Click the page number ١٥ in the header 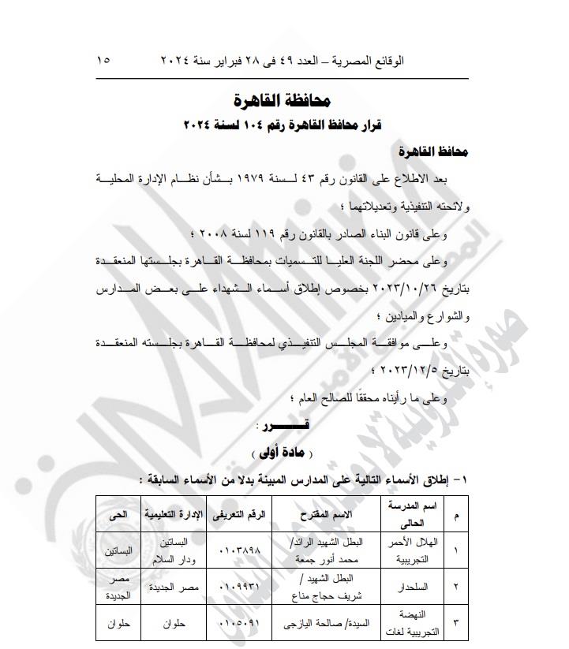click(x=104, y=61)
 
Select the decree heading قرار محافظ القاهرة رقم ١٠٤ click(x=283, y=125)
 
